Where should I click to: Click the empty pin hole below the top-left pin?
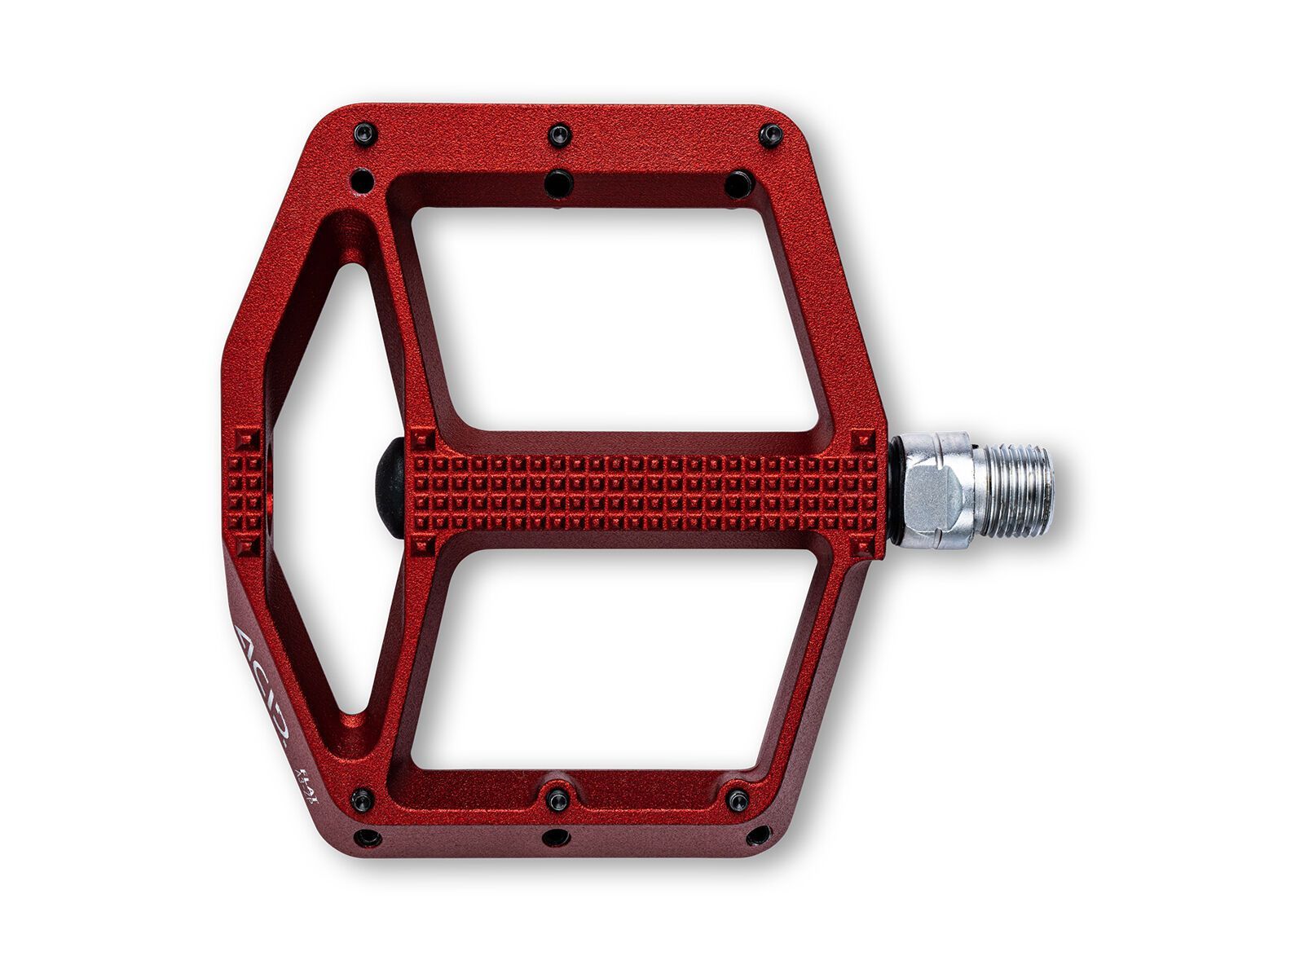tap(361, 178)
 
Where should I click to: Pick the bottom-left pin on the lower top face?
tap(360, 800)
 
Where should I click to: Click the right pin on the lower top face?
tap(738, 800)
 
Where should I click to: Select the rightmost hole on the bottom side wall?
tap(758, 835)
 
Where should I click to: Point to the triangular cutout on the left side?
tap(326, 489)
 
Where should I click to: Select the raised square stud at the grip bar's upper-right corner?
tap(865, 441)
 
